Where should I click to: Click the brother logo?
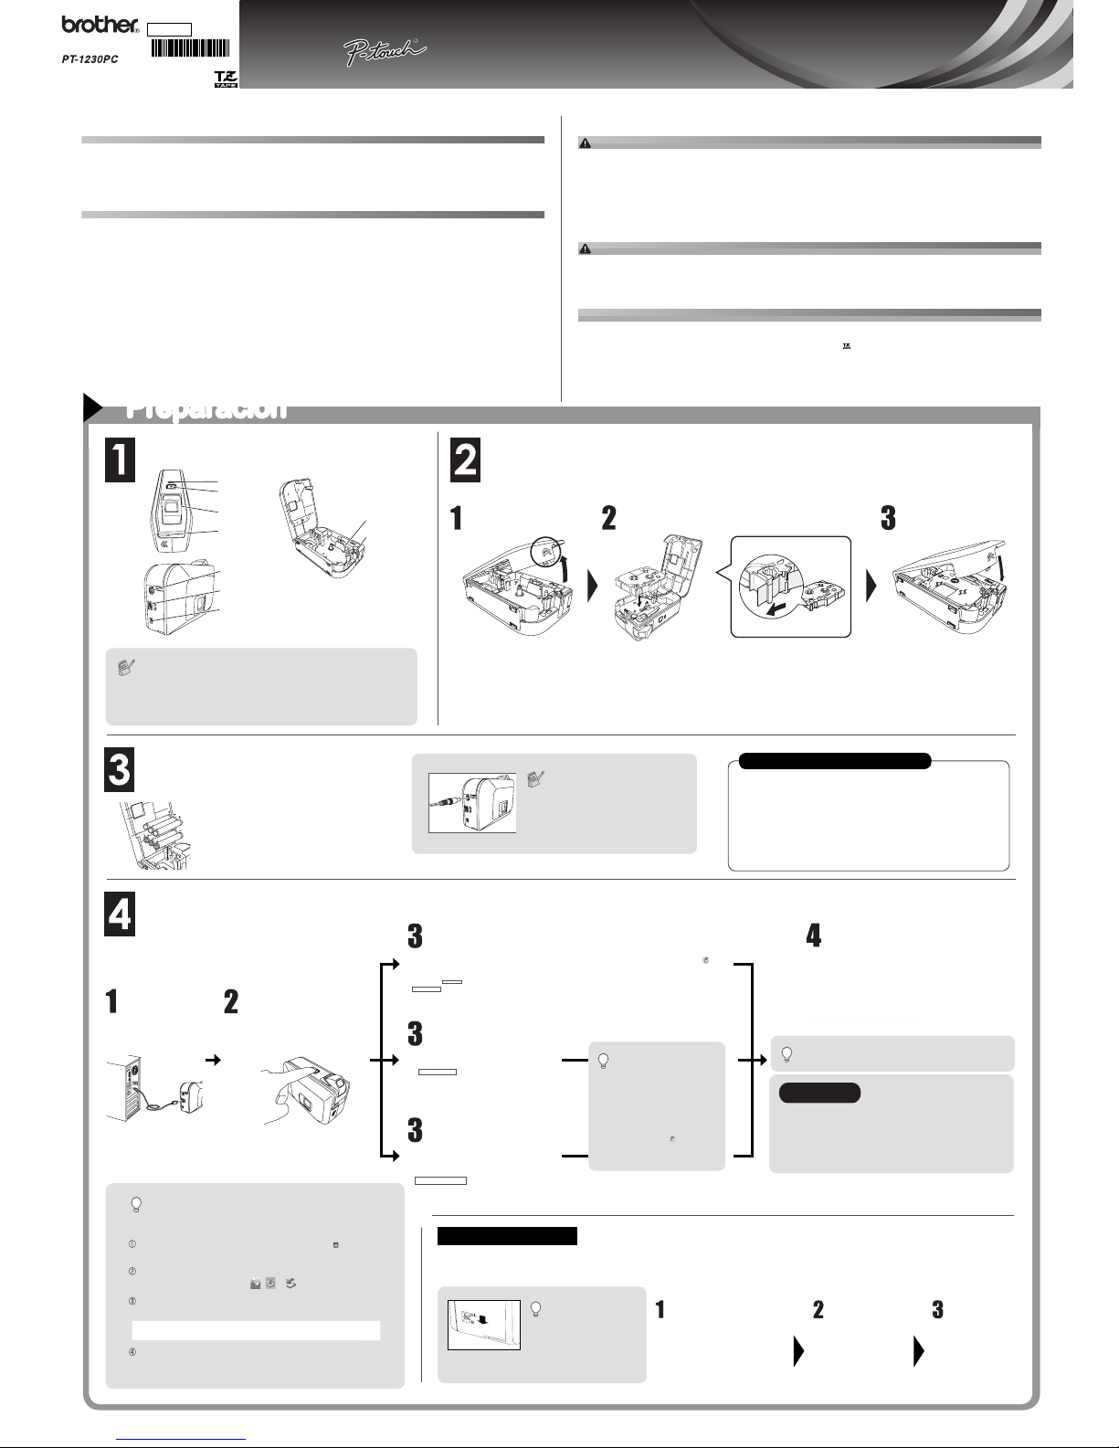coord(99,26)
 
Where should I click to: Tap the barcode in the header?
coord(189,49)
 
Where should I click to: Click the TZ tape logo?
coord(225,78)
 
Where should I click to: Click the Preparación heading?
coord(206,408)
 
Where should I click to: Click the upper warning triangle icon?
coord(586,143)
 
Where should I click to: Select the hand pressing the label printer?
coord(288,1096)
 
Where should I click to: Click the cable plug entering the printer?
coord(444,802)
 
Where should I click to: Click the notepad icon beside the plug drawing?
coord(537,778)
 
